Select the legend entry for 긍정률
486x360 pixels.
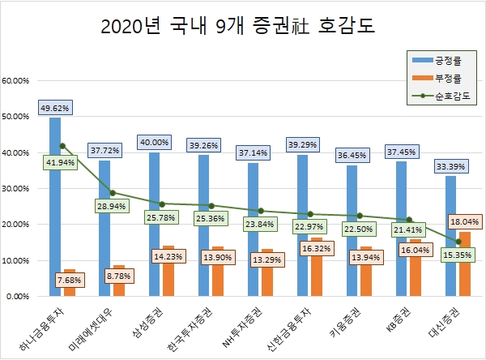pos(446,60)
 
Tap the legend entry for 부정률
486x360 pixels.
pos(446,79)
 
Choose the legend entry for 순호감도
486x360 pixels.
pos(446,96)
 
